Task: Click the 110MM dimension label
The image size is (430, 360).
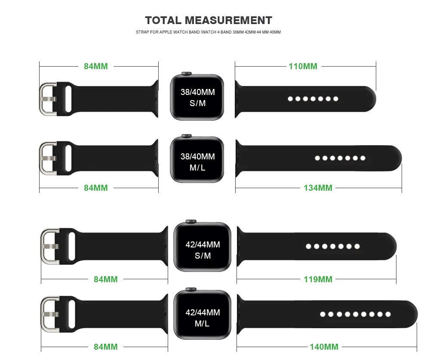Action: (x=303, y=66)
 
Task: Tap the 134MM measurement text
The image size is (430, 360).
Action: (x=318, y=188)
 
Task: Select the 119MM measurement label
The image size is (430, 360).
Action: (x=318, y=279)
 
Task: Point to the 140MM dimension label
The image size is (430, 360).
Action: (x=324, y=347)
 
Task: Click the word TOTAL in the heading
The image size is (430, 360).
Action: (x=163, y=20)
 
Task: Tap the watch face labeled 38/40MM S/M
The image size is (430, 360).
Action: (x=197, y=98)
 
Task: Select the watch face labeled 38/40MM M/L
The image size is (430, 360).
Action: (x=197, y=162)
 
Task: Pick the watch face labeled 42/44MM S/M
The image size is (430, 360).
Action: (x=203, y=250)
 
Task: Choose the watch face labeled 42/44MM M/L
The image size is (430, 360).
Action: (x=203, y=317)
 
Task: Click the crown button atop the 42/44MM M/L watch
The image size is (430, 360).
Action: (x=190, y=290)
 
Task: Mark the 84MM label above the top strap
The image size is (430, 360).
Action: (x=95, y=66)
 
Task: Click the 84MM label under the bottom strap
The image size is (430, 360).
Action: (x=105, y=347)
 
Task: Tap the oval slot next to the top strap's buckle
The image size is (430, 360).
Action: (x=68, y=98)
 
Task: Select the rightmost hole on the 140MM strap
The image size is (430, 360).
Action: (x=388, y=314)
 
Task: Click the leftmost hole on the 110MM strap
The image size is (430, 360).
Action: (x=290, y=99)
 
